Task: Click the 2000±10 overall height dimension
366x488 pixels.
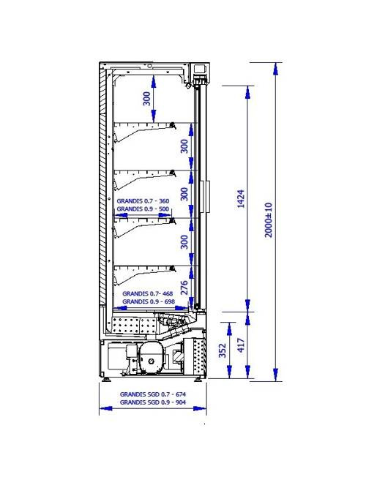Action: tap(269, 220)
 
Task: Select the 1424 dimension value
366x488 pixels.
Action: tap(241, 198)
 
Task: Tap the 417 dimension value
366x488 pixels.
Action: tap(241, 345)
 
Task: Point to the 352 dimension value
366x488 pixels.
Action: tap(223, 350)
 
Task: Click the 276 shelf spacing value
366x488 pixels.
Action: tap(184, 288)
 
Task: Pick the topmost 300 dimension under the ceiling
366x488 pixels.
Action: tap(146, 98)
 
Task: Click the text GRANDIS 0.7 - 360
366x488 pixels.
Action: tap(143, 201)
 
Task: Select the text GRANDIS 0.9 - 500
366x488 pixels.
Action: tap(143, 209)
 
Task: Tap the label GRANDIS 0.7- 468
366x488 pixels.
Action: tap(148, 293)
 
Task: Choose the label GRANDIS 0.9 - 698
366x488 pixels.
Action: tap(149, 301)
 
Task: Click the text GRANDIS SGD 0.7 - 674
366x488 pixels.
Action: tap(153, 394)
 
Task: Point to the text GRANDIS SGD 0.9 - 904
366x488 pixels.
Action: tap(153, 402)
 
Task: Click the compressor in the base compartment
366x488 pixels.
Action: tap(152, 358)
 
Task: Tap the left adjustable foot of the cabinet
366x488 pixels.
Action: tap(107, 380)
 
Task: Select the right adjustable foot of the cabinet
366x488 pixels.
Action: tap(198, 380)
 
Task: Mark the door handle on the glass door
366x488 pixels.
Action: tap(207, 196)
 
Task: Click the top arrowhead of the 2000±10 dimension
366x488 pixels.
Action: tap(275, 69)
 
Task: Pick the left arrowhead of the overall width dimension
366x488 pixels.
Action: tap(105, 408)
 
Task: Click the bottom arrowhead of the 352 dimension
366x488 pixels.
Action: tap(230, 372)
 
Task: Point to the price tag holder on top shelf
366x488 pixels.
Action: tap(173, 125)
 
